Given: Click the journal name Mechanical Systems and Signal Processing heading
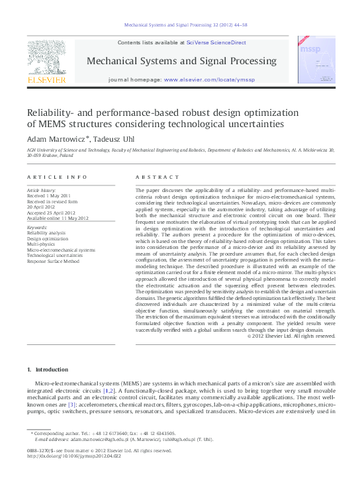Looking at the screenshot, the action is tap(181, 61).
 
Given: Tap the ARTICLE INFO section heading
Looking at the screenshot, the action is tap(57, 177).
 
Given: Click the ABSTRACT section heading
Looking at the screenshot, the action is tap(157, 177).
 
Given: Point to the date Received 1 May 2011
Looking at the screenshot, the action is tap(50, 196).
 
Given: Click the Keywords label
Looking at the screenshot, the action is tap(37, 227).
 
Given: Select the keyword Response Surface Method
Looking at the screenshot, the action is tap(53, 261).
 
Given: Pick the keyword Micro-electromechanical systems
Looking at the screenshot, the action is tap(61, 250).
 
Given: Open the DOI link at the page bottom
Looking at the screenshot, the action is tap(67, 456).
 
